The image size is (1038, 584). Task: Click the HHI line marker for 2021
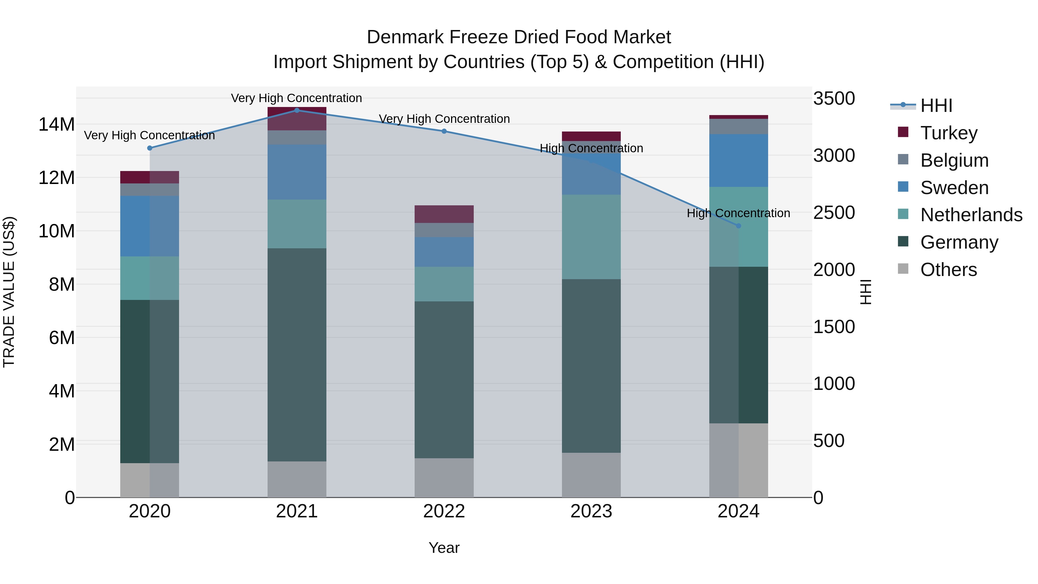coord(297,110)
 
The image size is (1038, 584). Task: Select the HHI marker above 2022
coord(444,131)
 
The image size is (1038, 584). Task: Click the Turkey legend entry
coord(949,133)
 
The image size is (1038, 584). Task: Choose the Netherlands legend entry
coord(971,215)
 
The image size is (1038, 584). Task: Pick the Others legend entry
coord(949,270)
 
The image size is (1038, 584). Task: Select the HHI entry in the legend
coord(936,106)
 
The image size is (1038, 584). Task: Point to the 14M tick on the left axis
coord(57,124)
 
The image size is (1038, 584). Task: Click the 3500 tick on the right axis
coord(834,98)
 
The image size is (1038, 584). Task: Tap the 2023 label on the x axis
coord(591,511)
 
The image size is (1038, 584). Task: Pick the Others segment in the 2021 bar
coord(297,479)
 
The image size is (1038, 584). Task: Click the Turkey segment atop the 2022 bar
coord(444,214)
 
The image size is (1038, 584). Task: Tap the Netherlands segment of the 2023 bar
coord(591,237)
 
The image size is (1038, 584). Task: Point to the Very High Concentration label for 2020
coord(149,136)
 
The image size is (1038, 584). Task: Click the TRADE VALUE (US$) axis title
coord(9,292)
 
